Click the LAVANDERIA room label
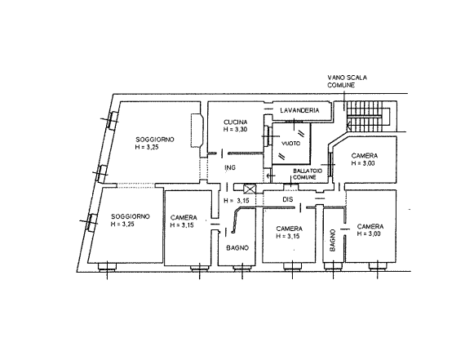click(x=299, y=110)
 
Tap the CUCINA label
click(x=236, y=122)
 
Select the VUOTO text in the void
click(x=291, y=144)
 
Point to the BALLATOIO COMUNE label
click(x=308, y=174)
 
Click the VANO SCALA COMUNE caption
click(x=347, y=82)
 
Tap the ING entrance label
click(x=230, y=167)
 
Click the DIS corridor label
click(x=288, y=199)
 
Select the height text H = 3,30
click(x=236, y=130)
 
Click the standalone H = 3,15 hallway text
click(x=237, y=200)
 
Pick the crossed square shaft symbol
click(x=250, y=189)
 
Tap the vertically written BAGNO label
click(x=333, y=240)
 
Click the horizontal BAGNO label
click(x=237, y=248)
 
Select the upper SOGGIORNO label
click(x=155, y=140)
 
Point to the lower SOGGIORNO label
click(x=131, y=216)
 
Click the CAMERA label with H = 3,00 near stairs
click(x=364, y=156)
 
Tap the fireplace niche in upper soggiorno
click(x=197, y=130)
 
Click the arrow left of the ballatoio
click(x=270, y=176)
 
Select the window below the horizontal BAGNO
click(x=242, y=267)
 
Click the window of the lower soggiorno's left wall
click(x=92, y=223)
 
